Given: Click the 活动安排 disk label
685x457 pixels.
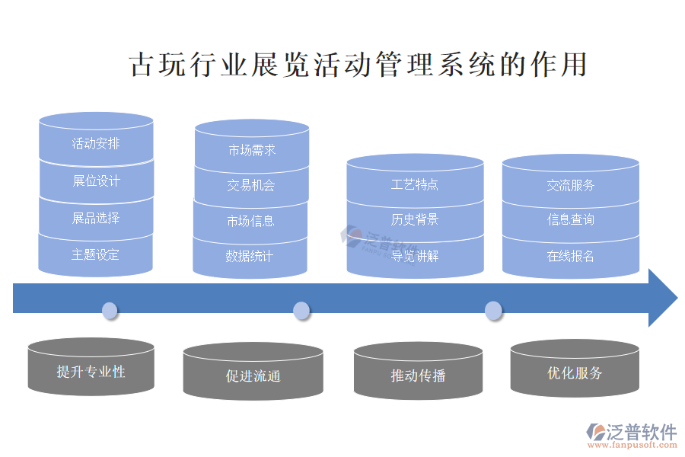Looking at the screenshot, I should point(96,143).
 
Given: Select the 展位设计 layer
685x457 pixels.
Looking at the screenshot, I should point(96,181).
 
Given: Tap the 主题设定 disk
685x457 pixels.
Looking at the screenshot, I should point(96,254).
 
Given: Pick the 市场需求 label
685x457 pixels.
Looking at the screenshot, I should point(252,150).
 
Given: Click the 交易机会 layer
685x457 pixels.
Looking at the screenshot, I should point(251,185).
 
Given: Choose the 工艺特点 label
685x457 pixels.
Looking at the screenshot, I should point(415,184).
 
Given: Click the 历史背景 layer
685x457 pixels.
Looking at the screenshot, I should point(415,219).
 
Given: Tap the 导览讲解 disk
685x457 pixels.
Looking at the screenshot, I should point(415,256).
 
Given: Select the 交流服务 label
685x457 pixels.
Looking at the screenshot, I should point(571,185).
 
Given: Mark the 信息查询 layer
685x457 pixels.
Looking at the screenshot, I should point(571,219).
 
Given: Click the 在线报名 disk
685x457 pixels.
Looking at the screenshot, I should point(571,256).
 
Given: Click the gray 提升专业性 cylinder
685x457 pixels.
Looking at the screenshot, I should point(91,372).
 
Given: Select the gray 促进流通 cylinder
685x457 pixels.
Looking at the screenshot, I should point(253,376).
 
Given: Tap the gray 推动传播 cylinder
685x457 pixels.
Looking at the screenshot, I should point(418,375).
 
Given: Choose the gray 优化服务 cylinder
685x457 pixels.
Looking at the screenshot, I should point(575,373).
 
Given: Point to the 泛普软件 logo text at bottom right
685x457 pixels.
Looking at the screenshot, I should point(641,432).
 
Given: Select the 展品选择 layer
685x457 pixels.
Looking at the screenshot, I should point(96,218).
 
